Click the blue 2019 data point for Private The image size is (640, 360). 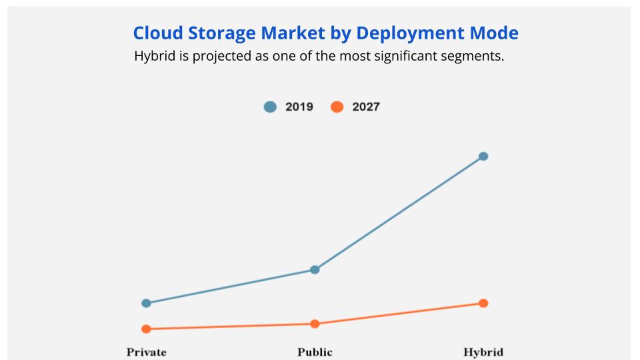147,303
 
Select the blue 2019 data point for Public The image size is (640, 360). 315,270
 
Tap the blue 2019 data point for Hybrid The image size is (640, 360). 483,157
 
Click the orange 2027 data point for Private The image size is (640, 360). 147,329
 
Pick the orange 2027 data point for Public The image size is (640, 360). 315,324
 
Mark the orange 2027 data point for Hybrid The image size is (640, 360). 483,303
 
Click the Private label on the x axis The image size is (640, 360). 147,352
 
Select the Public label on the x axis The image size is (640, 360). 315,352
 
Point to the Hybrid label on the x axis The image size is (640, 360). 483,352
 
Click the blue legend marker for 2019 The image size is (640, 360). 270,107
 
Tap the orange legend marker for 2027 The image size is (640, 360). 337,107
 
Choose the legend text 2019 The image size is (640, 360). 299,107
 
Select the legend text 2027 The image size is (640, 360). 366,107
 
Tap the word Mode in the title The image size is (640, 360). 496,33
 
